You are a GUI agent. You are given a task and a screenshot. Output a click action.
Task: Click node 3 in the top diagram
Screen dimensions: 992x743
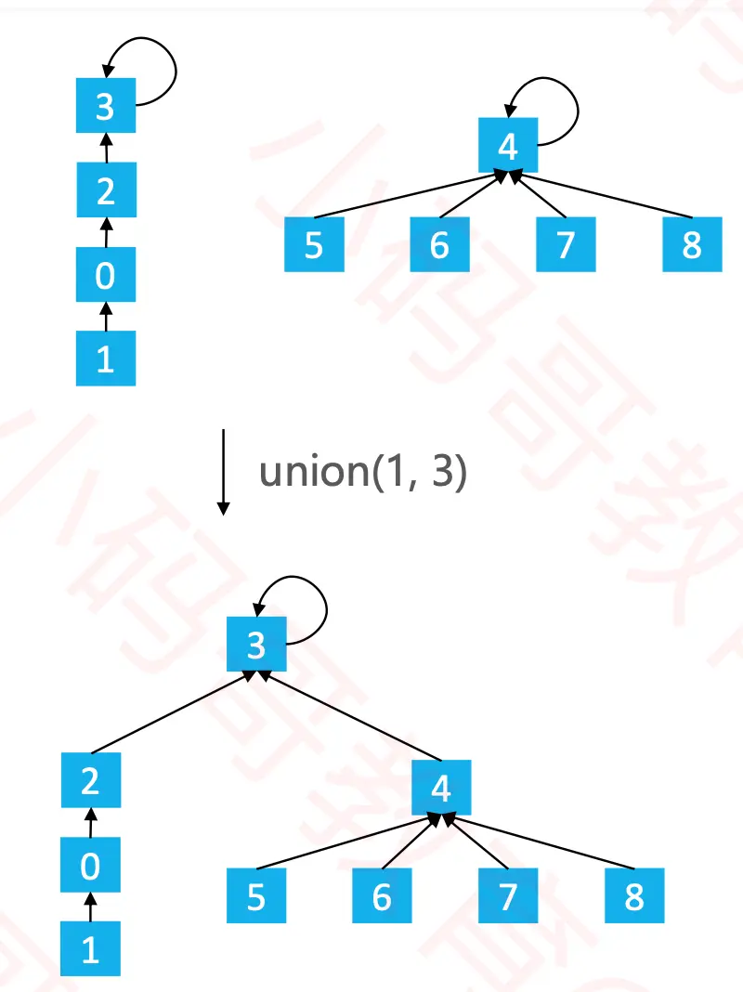[105, 106]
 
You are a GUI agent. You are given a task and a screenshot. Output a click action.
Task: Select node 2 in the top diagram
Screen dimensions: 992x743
[105, 190]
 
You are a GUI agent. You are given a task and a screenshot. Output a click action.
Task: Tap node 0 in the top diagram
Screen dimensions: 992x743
[105, 274]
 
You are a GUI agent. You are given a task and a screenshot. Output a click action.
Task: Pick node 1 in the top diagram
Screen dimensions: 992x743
[105, 358]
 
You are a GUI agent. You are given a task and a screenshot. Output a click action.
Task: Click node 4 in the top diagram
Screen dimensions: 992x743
[508, 146]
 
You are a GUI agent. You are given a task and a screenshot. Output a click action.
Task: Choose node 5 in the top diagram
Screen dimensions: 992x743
[314, 244]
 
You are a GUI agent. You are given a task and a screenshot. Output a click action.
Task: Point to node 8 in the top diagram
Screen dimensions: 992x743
[692, 244]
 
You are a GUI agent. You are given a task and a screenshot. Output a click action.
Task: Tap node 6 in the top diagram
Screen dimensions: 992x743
[439, 244]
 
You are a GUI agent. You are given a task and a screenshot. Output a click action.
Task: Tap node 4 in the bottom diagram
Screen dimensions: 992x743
[441, 789]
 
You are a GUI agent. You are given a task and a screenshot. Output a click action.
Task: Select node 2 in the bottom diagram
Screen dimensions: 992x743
[90, 780]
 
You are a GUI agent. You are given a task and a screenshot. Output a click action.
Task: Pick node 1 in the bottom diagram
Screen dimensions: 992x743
[90, 950]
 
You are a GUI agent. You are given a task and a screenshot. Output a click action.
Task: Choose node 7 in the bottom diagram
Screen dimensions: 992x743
[508, 897]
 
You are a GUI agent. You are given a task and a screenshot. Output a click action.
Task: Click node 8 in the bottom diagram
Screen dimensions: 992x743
[634, 897]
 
